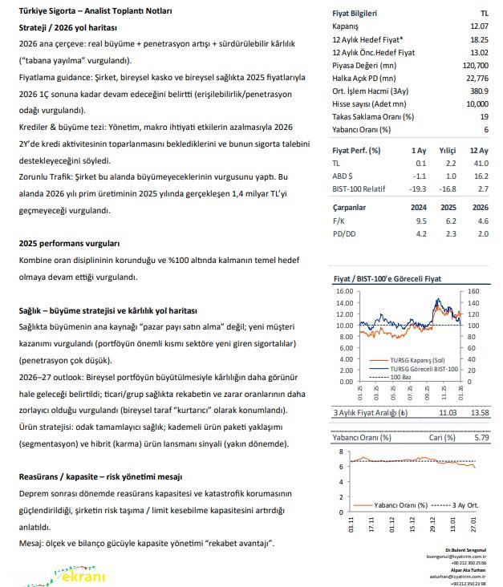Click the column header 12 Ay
tap(480, 151)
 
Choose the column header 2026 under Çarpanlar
tap(480, 208)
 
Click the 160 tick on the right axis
tap(473, 292)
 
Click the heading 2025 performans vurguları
tap(69, 243)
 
